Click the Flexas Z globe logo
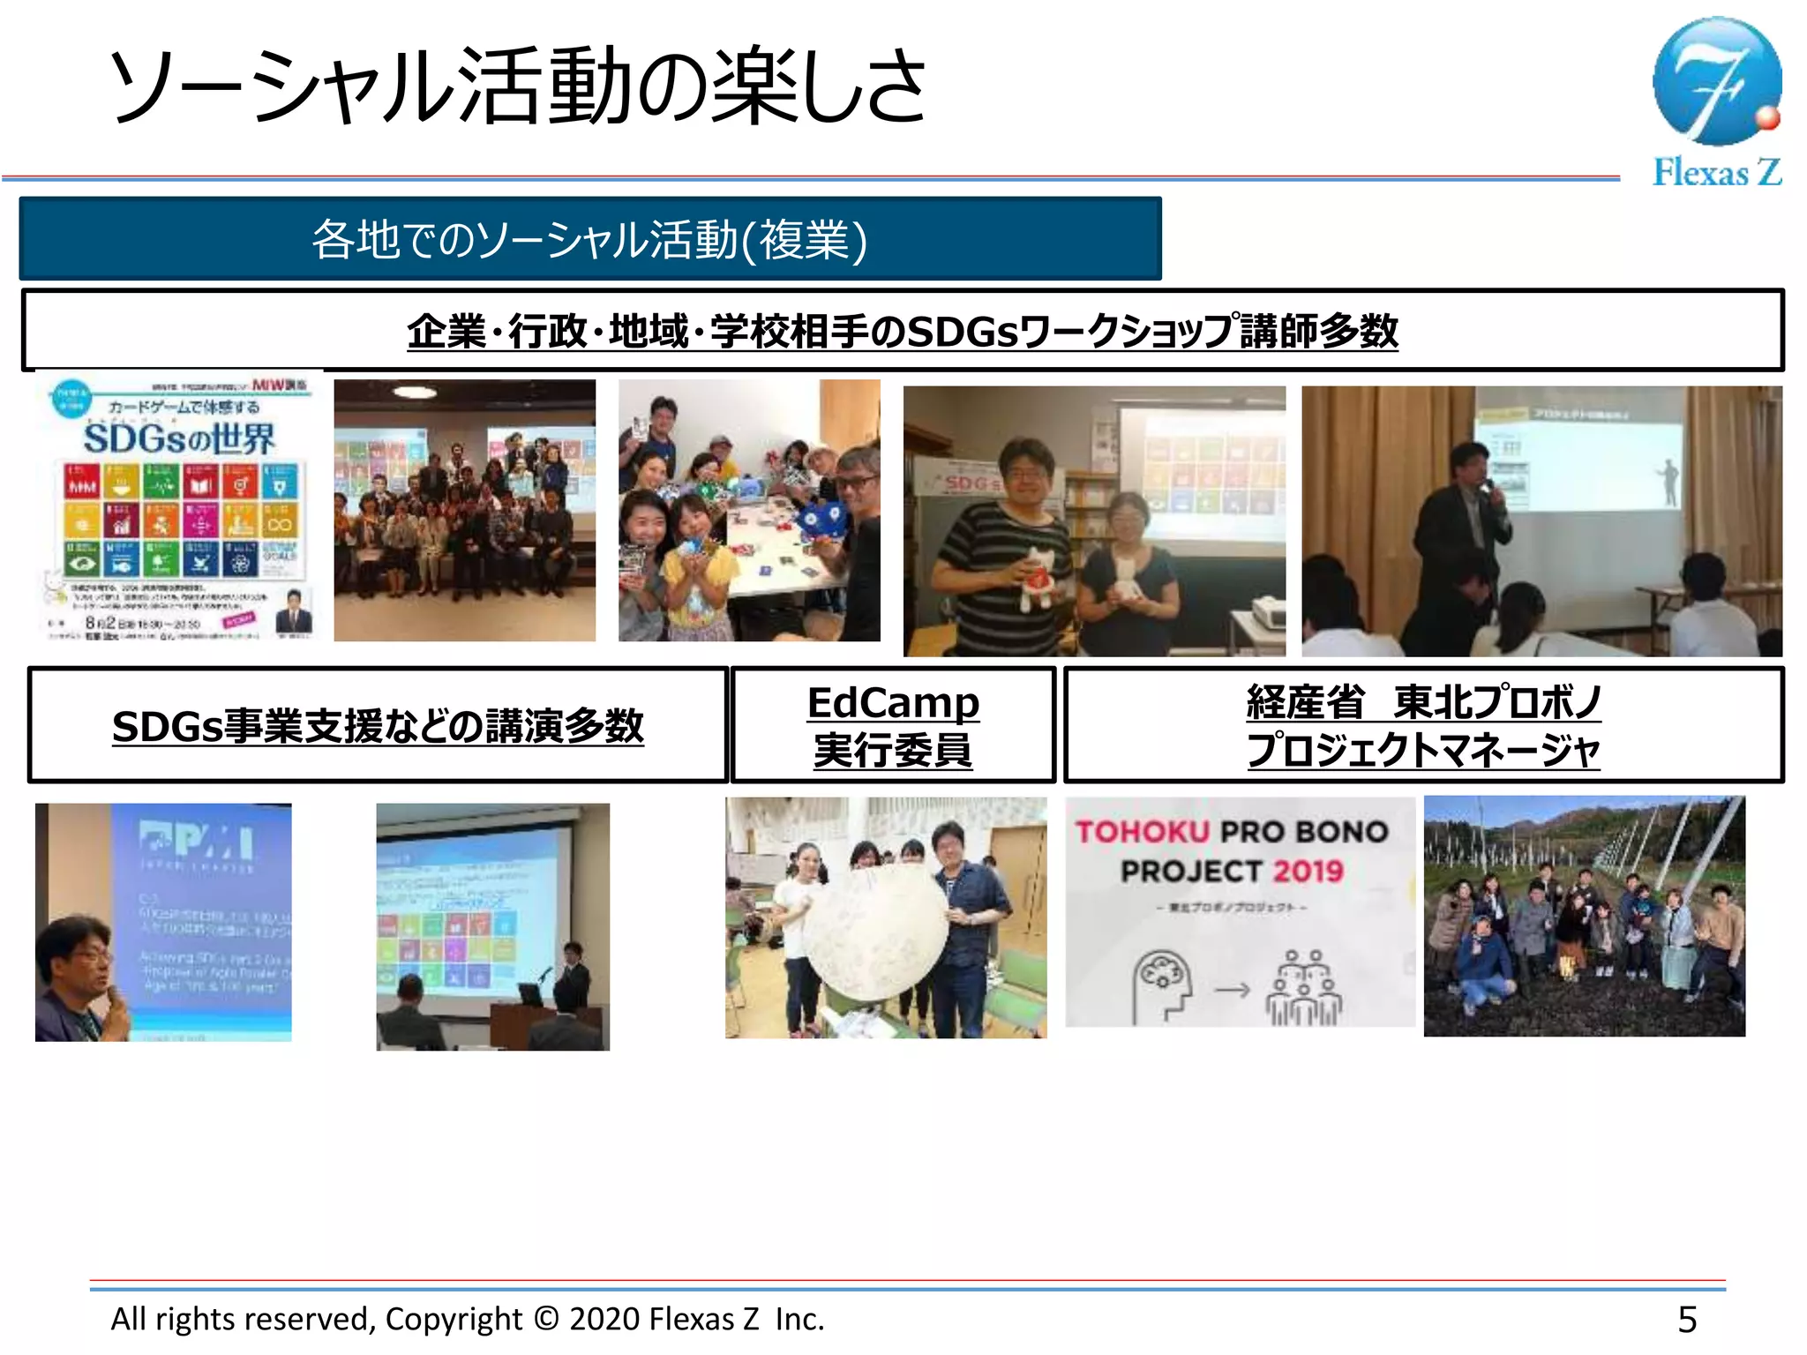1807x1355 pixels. [1716, 81]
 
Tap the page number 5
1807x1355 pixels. [1686, 1320]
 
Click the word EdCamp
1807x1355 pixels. [893, 703]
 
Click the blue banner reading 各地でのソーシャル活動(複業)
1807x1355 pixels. [589, 239]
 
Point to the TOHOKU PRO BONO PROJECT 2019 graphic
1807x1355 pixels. [1239, 911]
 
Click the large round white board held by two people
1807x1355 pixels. [875, 932]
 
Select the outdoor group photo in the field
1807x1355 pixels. [1584, 916]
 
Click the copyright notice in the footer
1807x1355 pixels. [468, 1319]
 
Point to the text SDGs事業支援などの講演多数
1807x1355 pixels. [378, 726]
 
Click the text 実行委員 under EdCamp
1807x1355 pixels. [893, 751]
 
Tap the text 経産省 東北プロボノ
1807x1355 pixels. [1422, 702]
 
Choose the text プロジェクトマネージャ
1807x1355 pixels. [1422, 751]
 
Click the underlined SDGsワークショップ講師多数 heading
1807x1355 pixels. [902, 331]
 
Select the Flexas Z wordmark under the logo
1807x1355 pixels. [1716, 172]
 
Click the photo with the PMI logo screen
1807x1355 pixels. [163, 922]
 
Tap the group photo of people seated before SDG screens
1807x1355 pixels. [464, 510]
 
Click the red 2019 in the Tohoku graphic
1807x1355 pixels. [1308, 872]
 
